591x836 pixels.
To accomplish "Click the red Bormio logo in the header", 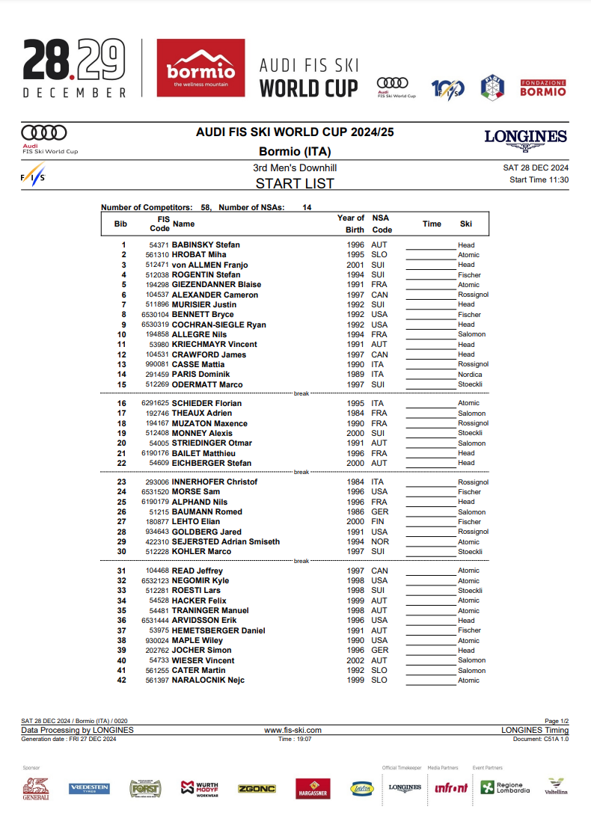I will (x=200, y=69).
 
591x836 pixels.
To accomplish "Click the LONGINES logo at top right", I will (x=525, y=138).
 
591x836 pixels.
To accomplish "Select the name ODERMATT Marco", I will (x=207, y=384).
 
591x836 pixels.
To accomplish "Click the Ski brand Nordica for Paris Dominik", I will (x=470, y=375).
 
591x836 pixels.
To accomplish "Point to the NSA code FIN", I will (x=379, y=522).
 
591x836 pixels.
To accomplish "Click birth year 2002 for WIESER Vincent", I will (x=355, y=660).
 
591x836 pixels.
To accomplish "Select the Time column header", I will (x=432, y=224).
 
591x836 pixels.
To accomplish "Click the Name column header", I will (x=183, y=224).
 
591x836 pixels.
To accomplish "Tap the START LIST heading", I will (x=295, y=183).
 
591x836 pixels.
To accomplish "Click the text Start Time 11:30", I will (x=539, y=179).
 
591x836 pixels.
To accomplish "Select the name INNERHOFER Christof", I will (x=209, y=482).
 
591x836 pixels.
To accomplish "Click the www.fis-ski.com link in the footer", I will (x=293, y=730).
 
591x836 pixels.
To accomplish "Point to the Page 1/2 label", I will (x=556, y=721).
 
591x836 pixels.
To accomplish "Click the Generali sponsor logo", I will (x=35, y=788).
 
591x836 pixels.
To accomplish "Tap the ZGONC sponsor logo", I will (x=257, y=789).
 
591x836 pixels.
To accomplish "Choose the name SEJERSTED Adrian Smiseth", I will (x=225, y=541).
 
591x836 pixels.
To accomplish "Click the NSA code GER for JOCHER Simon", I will (x=379, y=651).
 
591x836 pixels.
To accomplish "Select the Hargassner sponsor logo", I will (x=313, y=789).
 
